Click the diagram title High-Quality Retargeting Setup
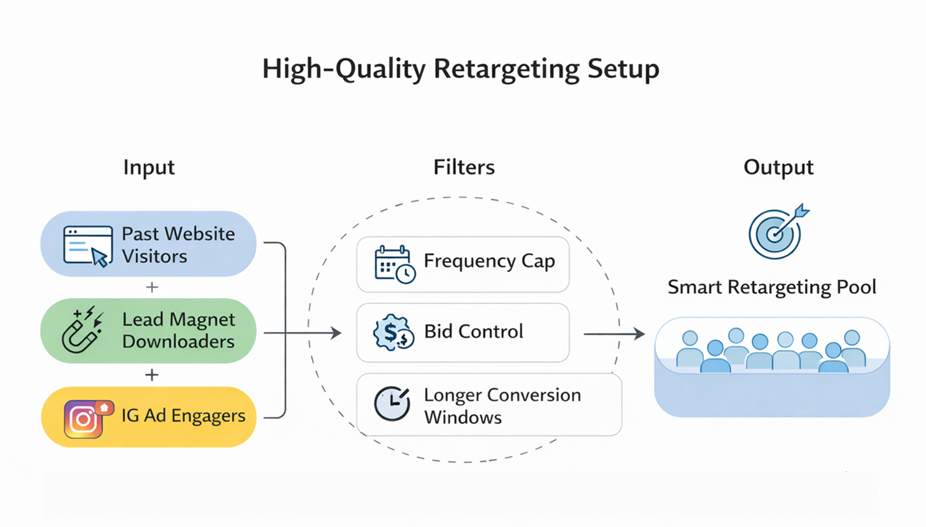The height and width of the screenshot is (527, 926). (x=461, y=69)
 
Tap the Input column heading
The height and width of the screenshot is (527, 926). (x=149, y=167)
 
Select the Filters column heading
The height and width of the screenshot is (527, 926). (x=464, y=167)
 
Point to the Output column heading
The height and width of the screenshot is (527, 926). (x=778, y=167)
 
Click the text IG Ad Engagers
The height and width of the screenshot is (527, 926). (x=183, y=416)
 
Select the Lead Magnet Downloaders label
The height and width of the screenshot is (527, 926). (x=178, y=330)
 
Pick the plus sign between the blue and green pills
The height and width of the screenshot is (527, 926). (x=152, y=287)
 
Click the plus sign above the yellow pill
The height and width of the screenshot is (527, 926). (x=152, y=375)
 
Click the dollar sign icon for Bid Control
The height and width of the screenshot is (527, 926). (x=393, y=332)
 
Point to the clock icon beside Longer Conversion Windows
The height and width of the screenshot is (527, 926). (x=392, y=403)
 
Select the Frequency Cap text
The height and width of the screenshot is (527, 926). (x=489, y=261)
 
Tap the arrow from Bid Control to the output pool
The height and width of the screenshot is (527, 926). (x=614, y=333)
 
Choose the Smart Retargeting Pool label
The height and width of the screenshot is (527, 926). (x=772, y=287)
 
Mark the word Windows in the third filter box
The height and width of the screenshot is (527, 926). (x=462, y=417)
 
